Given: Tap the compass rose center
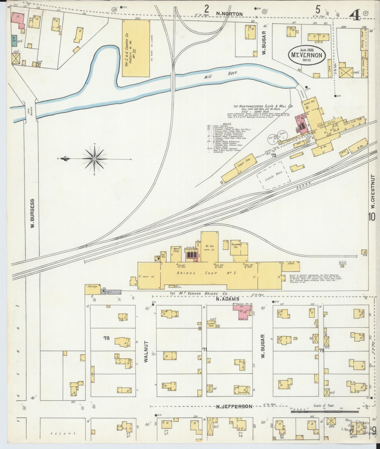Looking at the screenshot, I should click(x=94, y=159).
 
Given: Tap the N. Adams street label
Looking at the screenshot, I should click(x=227, y=299).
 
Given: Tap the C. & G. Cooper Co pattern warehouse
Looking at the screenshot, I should click(x=136, y=48).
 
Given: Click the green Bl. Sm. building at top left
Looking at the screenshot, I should click(x=14, y=41).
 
